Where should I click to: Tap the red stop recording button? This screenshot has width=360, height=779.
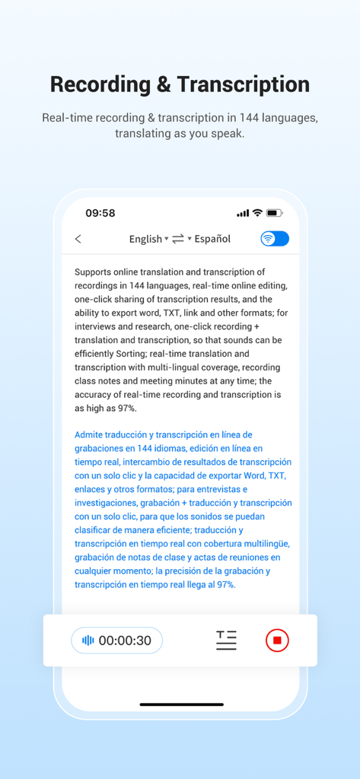coord(277,641)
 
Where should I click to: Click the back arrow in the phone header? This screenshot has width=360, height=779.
coord(78,239)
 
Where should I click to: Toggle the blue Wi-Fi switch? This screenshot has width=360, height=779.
coord(275,239)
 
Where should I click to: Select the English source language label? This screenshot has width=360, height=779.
coord(145,239)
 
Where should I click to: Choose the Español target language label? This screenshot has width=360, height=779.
coord(212,239)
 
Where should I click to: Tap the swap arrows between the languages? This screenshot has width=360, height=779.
coord(178,239)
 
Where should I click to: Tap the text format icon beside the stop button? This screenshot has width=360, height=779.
coord(226,641)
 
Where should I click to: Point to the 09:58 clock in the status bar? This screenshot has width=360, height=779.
coord(100,213)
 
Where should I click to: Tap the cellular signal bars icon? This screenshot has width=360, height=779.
coord(243,213)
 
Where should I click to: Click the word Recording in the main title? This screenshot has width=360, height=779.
coord(99,84)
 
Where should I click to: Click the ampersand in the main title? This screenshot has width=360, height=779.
coord(164,84)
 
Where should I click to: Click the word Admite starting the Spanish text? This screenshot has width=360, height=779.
coord(91,434)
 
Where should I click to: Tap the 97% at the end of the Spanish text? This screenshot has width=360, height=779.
coord(225,584)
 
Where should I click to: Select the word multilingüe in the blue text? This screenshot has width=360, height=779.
coord(263,543)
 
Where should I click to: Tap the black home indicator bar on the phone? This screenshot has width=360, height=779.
coord(180,704)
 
